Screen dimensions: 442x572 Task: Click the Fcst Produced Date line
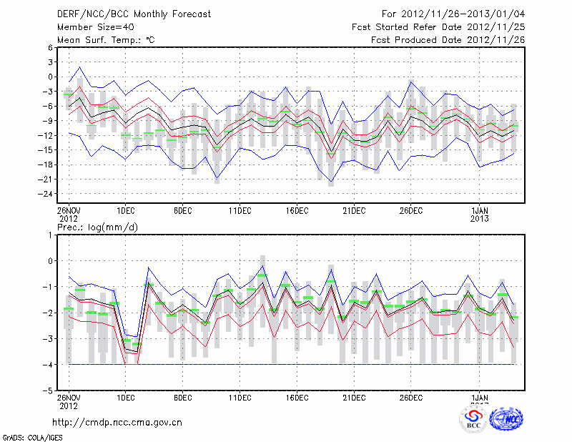click(x=448, y=40)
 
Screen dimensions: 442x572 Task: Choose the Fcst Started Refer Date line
click(x=438, y=27)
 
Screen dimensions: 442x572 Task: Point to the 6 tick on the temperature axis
click(x=50, y=47)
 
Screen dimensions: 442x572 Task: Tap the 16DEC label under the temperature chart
click(x=297, y=210)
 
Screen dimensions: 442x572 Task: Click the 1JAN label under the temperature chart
click(x=480, y=210)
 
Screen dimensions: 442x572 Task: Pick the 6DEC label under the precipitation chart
click(x=182, y=398)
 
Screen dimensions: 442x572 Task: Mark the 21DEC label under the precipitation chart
click(x=354, y=398)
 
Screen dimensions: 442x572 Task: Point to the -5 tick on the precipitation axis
click(x=49, y=391)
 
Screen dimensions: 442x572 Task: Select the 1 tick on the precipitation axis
click(x=51, y=235)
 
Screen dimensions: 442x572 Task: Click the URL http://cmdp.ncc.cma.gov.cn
click(x=117, y=422)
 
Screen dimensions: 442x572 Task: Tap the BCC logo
click(x=473, y=421)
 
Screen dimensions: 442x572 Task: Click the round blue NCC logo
click(x=506, y=421)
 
